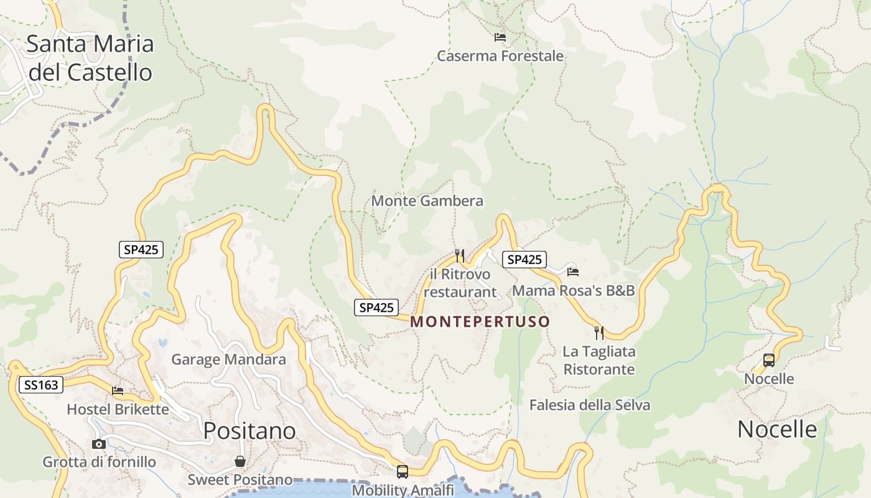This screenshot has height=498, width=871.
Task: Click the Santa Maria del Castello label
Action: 90,58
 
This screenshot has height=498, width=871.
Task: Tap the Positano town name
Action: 249,430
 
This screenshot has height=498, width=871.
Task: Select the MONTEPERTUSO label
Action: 480,322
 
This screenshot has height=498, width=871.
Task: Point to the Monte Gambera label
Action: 427,201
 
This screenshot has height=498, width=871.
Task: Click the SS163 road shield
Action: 42,385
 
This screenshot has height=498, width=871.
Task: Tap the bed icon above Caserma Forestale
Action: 500,37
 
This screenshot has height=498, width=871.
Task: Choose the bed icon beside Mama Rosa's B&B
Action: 573,271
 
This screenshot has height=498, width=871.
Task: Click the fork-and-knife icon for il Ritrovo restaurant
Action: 460,255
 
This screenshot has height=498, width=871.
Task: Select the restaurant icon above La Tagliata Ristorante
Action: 599,332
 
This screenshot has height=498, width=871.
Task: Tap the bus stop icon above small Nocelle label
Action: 769,360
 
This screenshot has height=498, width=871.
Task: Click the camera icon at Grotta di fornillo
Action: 98,444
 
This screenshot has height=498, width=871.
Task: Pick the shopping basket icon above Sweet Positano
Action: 240,461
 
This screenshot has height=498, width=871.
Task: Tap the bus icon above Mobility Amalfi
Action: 403,472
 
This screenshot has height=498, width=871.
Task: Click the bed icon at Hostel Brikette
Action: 118,391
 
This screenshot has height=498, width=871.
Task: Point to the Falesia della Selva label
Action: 589,405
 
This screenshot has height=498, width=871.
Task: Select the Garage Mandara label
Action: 228,359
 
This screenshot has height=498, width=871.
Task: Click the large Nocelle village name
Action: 776,429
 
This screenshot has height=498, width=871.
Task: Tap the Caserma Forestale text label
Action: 500,56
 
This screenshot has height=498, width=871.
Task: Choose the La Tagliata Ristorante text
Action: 599,360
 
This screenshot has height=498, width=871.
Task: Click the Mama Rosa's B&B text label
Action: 573,291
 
